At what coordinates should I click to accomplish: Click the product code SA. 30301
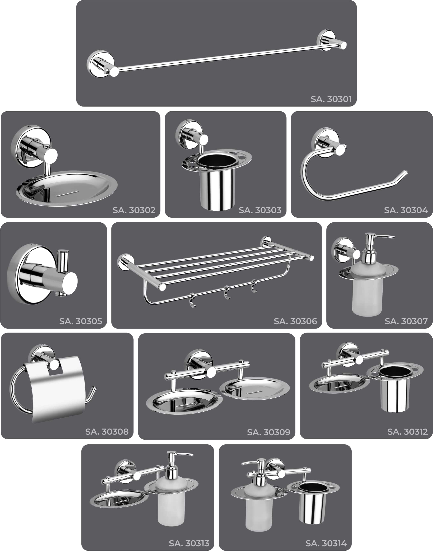tap(331, 99)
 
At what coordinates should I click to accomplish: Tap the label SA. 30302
tap(134, 210)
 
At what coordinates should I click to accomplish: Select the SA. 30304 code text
tap(406, 210)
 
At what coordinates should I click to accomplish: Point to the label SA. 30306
tap(295, 321)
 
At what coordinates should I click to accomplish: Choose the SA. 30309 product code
tap(269, 432)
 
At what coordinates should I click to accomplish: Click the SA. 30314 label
tap(326, 543)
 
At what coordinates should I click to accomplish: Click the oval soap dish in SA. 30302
tap(67, 188)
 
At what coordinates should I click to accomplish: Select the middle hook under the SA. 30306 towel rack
tap(227, 293)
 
